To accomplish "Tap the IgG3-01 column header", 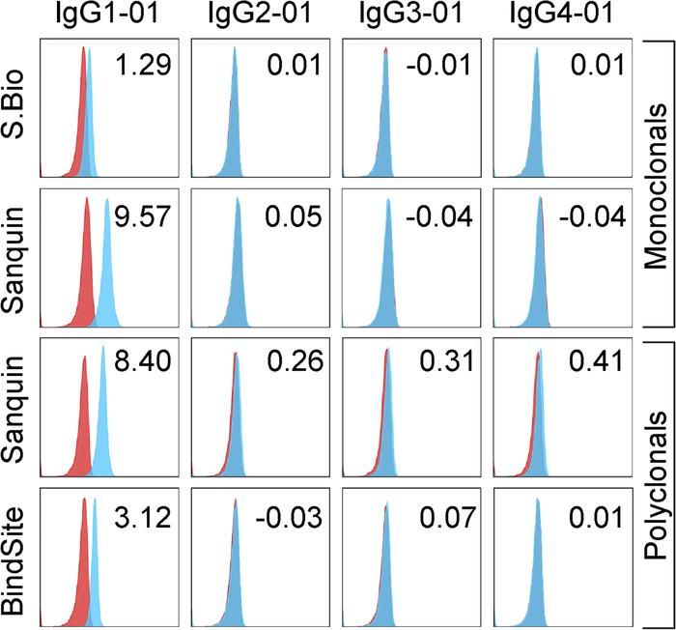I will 409,16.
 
